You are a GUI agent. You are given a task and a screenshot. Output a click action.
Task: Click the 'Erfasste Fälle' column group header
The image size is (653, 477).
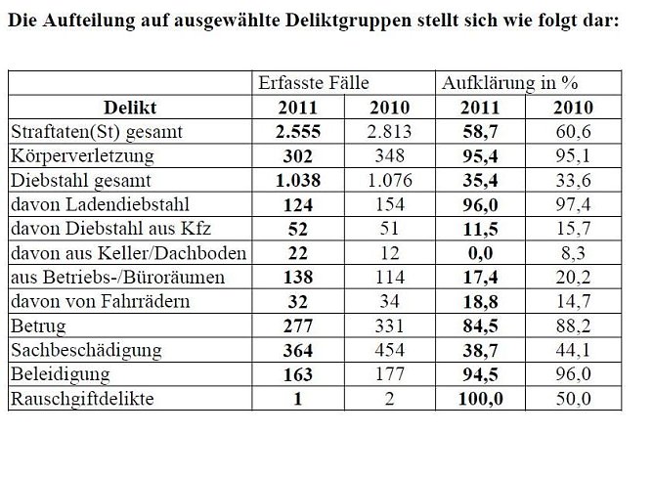click(313, 83)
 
